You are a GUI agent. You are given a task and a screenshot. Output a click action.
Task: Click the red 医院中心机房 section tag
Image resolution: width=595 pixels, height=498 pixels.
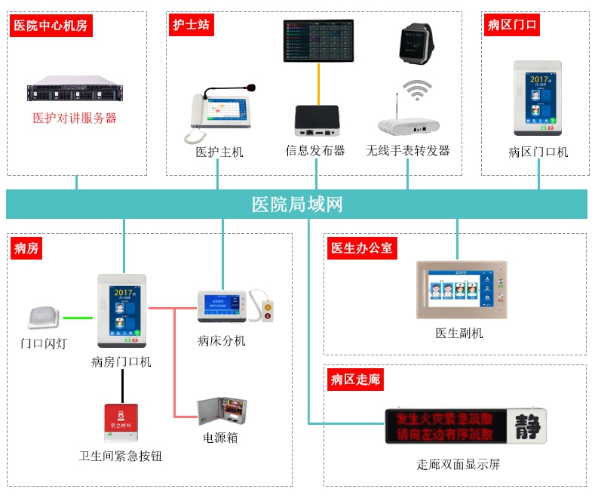click(51, 26)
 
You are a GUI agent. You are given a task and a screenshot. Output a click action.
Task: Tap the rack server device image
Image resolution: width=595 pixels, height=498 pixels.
click(75, 91)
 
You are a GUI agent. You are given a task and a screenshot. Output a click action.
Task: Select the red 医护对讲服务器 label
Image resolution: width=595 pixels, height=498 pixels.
click(75, 118)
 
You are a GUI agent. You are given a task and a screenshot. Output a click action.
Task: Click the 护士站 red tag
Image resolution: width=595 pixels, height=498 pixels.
click(190, 25)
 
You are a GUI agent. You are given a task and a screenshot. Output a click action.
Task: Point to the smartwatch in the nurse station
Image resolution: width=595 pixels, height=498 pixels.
click(415, 45)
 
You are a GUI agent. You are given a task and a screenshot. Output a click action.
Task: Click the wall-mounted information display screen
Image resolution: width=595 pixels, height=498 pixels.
click(317, 41)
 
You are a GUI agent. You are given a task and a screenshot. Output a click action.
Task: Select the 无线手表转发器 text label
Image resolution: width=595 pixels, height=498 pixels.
click(408, 151)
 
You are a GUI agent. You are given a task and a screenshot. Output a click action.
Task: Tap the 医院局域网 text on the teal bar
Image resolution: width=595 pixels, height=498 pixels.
click(297, 204)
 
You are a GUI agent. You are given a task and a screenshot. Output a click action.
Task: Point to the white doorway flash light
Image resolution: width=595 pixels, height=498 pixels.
click(43, 318)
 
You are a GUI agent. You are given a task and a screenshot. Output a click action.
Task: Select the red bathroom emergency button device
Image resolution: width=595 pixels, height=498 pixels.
click(121, 423)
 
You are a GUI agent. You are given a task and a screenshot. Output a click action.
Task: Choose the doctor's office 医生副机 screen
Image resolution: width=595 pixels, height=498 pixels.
click(462, 290)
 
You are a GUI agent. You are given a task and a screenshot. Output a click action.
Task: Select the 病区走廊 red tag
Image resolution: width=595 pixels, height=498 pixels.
click(356, 380)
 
